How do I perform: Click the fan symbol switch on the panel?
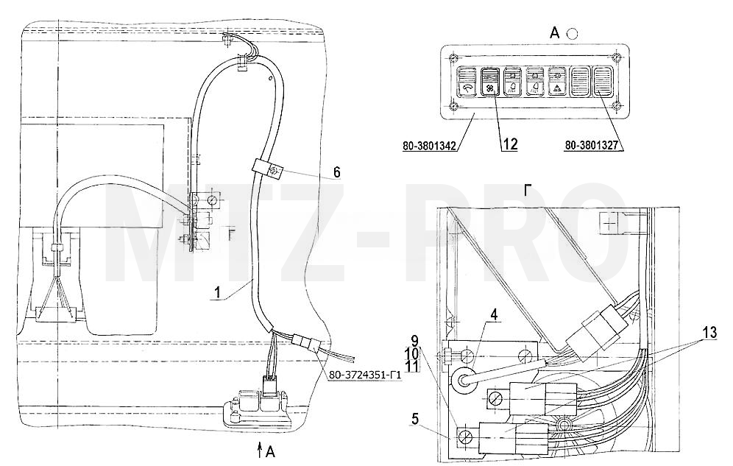[x=490, y=82]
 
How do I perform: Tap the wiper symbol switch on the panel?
[x=467, y=82]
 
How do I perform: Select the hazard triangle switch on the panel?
[x=558, y=82]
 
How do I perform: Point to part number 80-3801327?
[x=592, y=146]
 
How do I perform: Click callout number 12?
[x=509, y=144]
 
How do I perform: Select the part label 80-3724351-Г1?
[x=366, y=375]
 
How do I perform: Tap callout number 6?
[x=336, y=172]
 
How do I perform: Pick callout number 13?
[x=709, y=333]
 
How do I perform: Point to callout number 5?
[x=414, y=420]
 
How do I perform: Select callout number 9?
[x=414, y=341]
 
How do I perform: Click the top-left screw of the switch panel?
[x=452, y=58]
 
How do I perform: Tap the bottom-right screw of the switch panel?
[x=617, y=105]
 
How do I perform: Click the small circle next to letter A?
[x=571, y=34]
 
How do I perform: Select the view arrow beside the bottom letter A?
[x=260, y=452]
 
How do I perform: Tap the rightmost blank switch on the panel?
[x=603, y=82]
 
